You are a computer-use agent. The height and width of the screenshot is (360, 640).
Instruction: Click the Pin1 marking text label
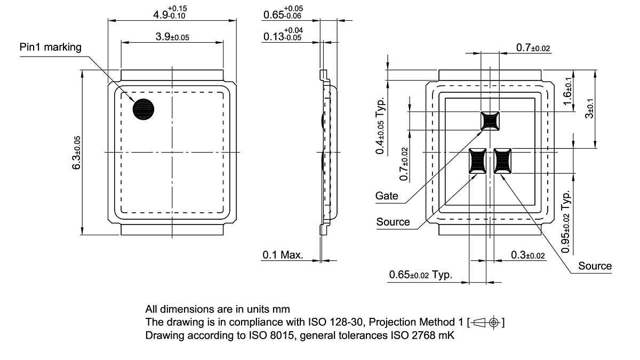(x=51, y=47)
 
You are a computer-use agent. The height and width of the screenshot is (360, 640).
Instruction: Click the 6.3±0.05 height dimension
(x=77, y=153)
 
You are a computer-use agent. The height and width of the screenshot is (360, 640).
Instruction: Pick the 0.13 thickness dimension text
(x=283, y=36)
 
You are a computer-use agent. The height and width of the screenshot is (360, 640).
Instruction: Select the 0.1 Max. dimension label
(x=283, y=255)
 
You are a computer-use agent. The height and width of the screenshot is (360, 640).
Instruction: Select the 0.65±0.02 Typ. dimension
(x=420, y=275)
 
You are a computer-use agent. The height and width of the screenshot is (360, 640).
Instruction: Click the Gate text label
(x=387, y=196)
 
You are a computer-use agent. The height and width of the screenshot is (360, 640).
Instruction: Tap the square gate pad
(x=490, y=121)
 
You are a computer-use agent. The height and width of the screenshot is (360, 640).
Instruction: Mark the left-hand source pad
(x=477, y=161)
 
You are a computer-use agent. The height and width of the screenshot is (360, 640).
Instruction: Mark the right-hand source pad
(x=502, y=161)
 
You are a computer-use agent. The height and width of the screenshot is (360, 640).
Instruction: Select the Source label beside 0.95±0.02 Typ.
(x=595, y=266)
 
